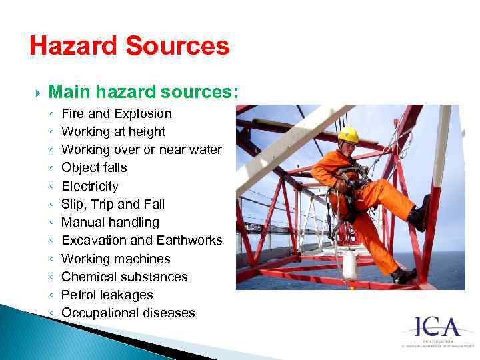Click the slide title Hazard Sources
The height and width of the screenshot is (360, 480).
click(x=129, y=47)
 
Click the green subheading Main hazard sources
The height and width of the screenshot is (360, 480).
click(x=143, y=91)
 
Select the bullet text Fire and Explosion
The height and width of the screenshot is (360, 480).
click(x=116, y=114)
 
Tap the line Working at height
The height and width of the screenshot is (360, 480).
click(x=113, y=132)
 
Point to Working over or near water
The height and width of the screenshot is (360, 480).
click(x=141, y=150)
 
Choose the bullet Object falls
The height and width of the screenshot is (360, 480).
click(x=94, y=168)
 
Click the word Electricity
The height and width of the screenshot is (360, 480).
click(x=89, y=187)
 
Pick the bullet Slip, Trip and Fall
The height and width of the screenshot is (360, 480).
click(x=113, y=205)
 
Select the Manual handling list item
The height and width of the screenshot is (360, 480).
click(x=110, y=223)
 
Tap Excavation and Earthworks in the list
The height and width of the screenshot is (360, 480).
click(x=141, y=241)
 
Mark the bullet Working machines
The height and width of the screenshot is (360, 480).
click(x=115, y=259)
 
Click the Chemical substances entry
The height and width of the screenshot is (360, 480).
click(x=124, y=277)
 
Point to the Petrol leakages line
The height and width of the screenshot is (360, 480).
click(x=107, y=295)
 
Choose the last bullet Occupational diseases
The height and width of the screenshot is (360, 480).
click(x=128, y=313)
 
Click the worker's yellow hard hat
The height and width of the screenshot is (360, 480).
click(x=348, y=135)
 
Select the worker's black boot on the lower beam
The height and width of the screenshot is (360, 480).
click(x=403, y=275)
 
